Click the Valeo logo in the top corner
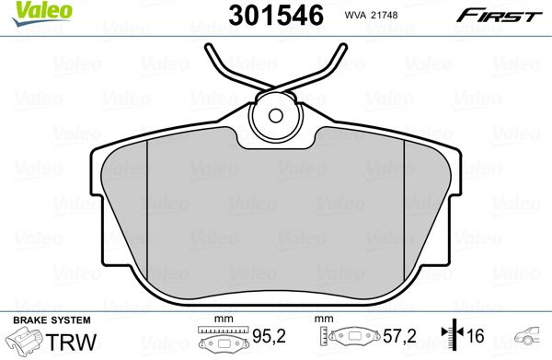42,13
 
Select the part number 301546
276,16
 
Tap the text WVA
355,15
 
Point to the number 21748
385,15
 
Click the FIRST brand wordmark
500,16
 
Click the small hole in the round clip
276,115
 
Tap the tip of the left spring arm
208,46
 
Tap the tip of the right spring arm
344,46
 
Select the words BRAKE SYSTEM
52,320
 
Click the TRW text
71,342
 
